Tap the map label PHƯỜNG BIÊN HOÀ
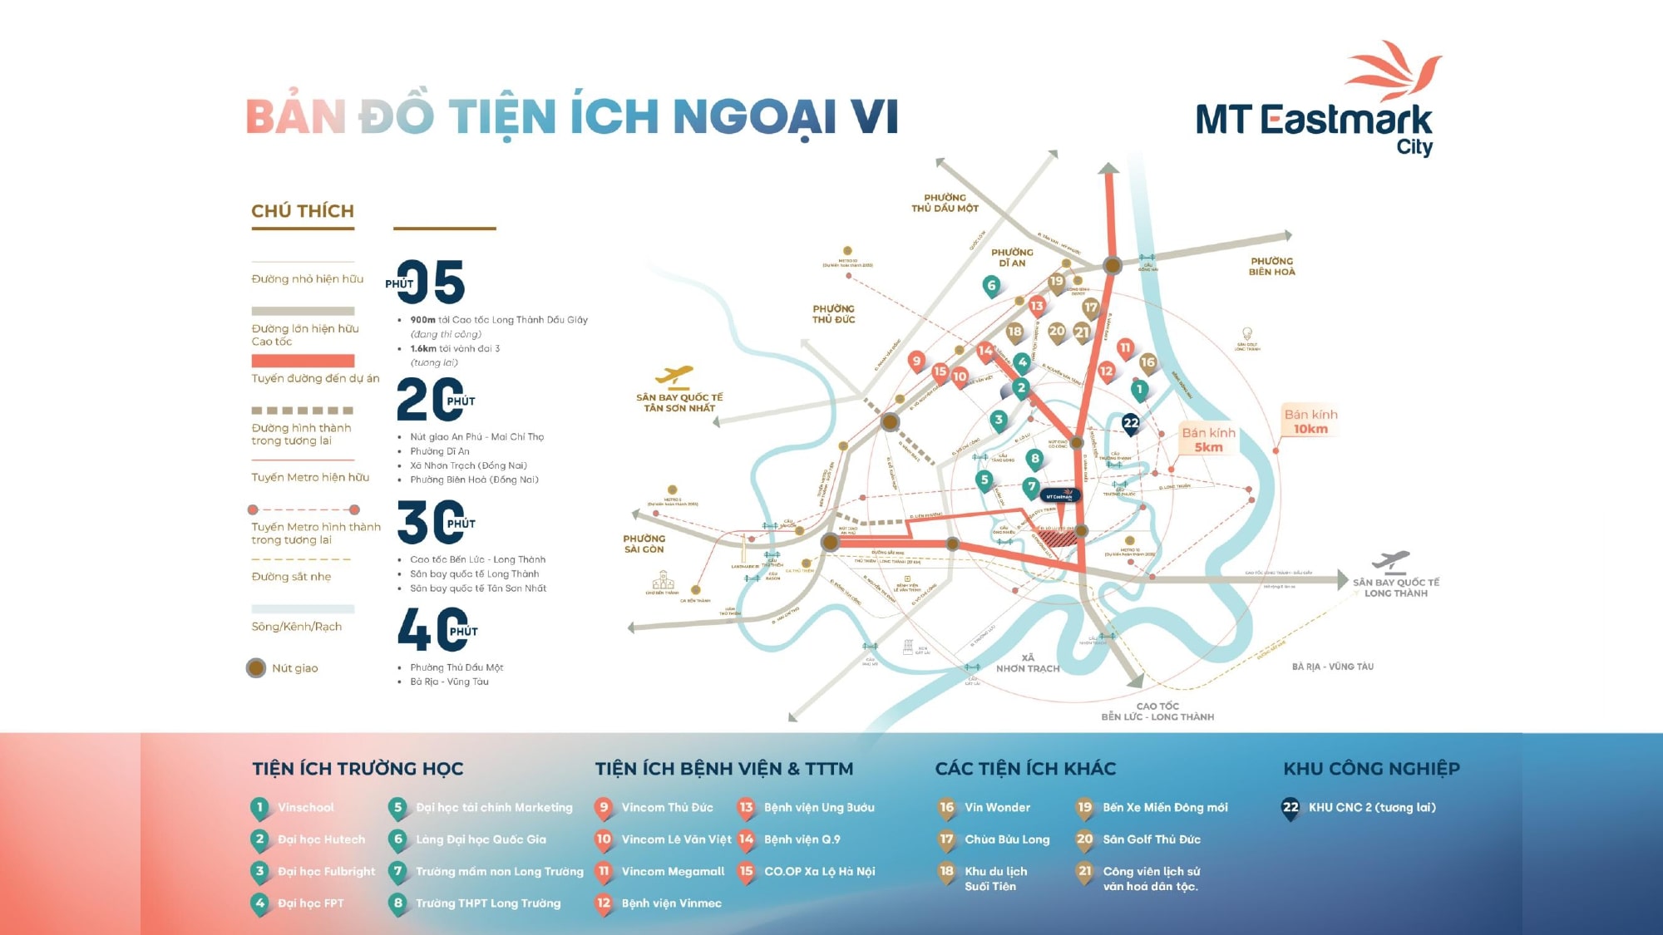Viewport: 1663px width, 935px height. coord(1271,267)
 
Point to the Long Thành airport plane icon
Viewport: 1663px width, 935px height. coord(1393,561)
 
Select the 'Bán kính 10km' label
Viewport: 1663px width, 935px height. coord(1310,421)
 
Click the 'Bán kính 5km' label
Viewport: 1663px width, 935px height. coord(1208,440)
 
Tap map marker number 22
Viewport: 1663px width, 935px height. coord(1131,424)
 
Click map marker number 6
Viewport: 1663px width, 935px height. coord(990,286)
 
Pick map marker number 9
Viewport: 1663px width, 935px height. coord(916,361)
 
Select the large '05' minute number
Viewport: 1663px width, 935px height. coord(432,283)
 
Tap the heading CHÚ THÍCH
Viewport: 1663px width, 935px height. coord(303,211)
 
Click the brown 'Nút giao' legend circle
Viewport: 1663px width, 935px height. coord(256,668)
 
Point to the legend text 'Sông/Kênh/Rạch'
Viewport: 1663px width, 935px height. coord(297,627)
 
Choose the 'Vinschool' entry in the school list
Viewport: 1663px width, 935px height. coord(306,808)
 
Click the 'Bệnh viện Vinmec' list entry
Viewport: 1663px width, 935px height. coord(671,903)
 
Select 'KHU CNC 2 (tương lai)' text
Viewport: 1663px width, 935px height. coord(1372,808)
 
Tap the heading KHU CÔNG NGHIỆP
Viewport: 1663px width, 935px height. coord(1371,769)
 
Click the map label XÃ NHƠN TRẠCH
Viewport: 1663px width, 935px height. coord(1028,663)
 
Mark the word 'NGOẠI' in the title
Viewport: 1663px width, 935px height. coord(754,116)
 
